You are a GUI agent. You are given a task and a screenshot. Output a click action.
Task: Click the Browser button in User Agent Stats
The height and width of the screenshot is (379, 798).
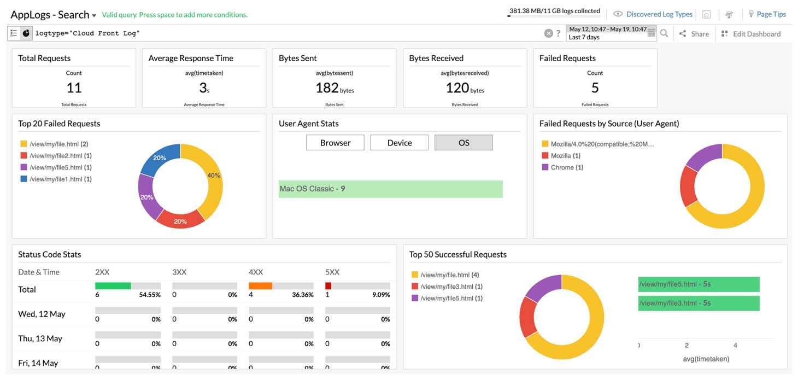335,143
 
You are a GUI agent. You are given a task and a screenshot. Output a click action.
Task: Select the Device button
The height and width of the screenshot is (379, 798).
400,143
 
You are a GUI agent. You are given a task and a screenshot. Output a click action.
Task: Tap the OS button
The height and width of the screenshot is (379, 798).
463,143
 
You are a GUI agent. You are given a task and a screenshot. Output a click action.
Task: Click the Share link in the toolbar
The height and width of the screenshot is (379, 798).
694,34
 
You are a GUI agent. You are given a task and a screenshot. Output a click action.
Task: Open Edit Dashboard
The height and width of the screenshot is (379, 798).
751,34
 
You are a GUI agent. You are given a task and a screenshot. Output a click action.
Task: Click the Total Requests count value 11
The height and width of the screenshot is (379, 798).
74,88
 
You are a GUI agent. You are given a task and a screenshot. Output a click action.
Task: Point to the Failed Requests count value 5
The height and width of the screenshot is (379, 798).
595,88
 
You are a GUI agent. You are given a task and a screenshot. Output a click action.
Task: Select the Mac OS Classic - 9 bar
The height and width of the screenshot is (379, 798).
390,189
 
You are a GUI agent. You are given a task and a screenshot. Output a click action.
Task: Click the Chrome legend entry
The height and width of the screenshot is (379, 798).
562,167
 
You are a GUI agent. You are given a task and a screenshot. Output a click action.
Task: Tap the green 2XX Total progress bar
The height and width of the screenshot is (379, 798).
113,285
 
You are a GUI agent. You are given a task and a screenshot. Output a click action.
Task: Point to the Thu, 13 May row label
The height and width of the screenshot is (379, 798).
40,339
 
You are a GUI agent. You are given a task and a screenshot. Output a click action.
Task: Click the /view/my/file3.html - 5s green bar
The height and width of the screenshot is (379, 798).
699,303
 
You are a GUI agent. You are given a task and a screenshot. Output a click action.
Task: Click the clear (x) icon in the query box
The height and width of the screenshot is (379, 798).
548,33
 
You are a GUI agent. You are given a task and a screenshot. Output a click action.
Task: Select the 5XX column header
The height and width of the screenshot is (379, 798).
332,272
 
